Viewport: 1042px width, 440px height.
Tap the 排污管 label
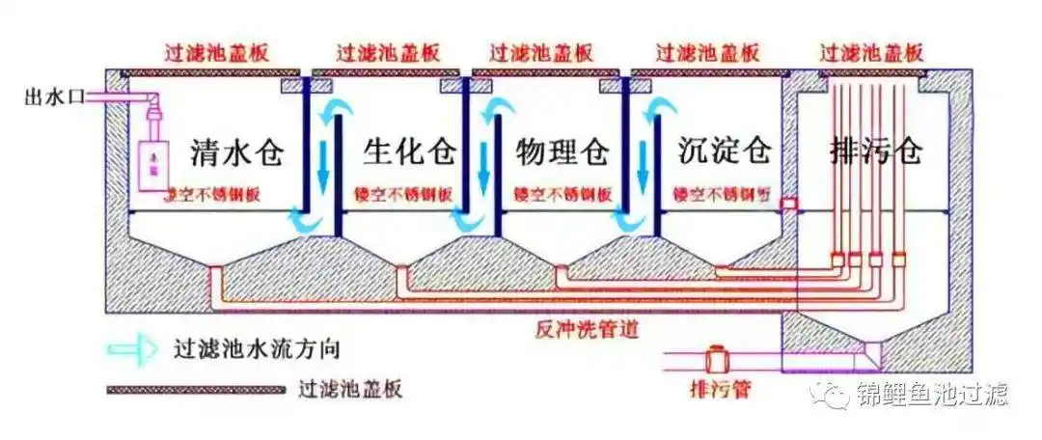(719, 391)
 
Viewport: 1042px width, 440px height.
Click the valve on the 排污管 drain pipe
(717, 361)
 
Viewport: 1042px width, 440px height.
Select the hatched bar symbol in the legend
(194, 390)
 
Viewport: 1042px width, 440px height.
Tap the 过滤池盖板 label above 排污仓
(873, 51)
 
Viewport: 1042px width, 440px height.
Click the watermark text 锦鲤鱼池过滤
(930, 394)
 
